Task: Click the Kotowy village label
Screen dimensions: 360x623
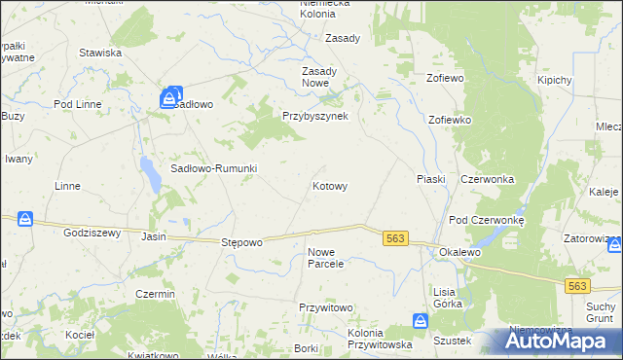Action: pyautogui.click(x=329, y=185)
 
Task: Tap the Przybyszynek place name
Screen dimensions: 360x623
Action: pyautogui.click(x=321, y=115)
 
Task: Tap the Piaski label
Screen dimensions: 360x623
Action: pyautogui.click(x=430, y=179)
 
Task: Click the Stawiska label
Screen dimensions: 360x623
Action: pyautogui.click(x=100, y=53)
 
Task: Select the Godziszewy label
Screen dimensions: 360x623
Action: pyautogui.click(x=91, y=233)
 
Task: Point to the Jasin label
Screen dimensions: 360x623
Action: pyautogui.click(x=154, y=236)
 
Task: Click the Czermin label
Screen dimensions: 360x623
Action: pyautogui.click(x=155, y=294)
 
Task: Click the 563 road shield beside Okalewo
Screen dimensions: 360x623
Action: pyautogui.click(x=395, y=238)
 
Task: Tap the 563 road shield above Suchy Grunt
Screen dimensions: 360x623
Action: pyautogui.click(x=578, y=285)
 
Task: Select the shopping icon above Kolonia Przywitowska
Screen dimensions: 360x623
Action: pyautogui.click(x=420, y=320)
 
